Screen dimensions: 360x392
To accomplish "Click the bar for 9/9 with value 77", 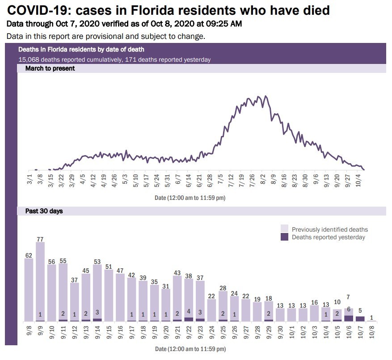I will click(40, 282).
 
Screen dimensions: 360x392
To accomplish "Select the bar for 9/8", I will click(29, 290).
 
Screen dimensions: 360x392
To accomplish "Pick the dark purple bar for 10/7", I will click(361, 319).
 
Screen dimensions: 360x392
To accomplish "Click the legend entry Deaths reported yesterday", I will click(328, 237).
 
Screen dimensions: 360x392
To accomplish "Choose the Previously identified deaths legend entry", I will click(329, 229).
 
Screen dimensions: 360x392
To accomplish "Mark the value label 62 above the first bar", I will click(29, 255).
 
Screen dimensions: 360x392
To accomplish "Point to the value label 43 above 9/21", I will click(177, 272).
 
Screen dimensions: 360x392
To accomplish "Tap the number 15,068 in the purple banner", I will click(29, 59).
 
